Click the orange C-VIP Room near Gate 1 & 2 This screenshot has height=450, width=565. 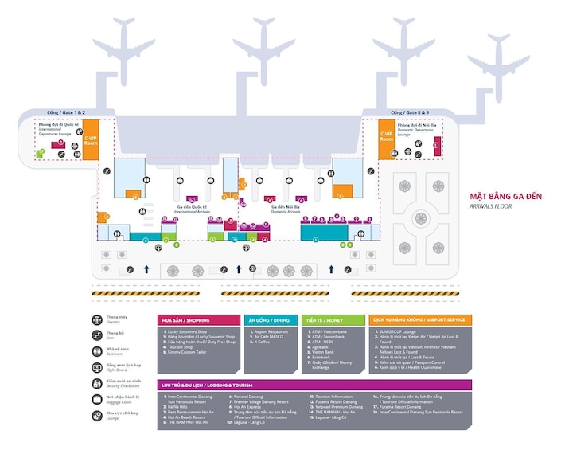pyautogui.click(x=91, y=138)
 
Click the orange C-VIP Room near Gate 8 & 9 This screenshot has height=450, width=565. pyautogui.click(x=386, y=138)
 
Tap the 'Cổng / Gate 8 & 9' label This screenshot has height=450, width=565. pyautogui.click(x=410, y=113)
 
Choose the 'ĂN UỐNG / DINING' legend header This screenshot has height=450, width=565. pyautogui.click(x=270, y=320)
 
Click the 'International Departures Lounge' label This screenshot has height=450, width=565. pyautogui.click(x=54, y=127)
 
